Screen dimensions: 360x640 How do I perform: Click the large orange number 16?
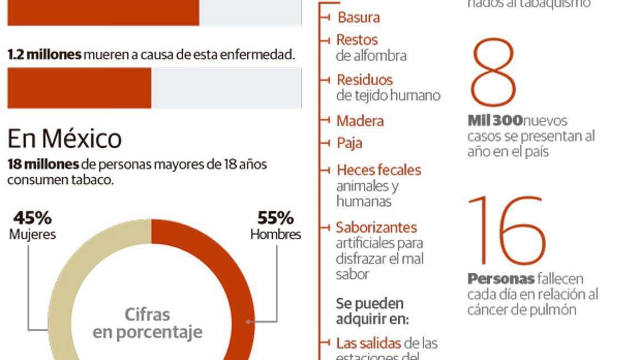point(506,231)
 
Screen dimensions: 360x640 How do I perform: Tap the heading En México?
point(64,138)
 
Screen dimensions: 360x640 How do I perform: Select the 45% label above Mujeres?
point(32,217)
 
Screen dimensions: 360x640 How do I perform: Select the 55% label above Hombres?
point(275,217)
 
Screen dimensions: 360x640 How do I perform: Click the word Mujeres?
point(32,234)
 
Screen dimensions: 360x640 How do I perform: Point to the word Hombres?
point(276,234)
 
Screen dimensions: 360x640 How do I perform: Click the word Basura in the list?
point(359,17)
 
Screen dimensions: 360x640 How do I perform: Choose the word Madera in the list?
point(360,121)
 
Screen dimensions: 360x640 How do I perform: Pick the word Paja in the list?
point(349,143)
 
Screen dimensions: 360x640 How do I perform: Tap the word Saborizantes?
point(376,227)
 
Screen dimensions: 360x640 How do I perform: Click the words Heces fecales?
point(379,170)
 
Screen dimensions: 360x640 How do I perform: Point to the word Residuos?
point(364,79)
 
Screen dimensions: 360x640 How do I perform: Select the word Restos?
point(357,40)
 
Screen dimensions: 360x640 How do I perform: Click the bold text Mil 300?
point(494,121)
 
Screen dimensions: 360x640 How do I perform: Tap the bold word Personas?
point(501,279)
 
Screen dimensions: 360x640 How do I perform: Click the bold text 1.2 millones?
point(44,55)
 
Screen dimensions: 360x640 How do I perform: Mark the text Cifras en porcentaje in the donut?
point(147,323)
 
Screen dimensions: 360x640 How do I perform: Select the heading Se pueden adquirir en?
point(372,311)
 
